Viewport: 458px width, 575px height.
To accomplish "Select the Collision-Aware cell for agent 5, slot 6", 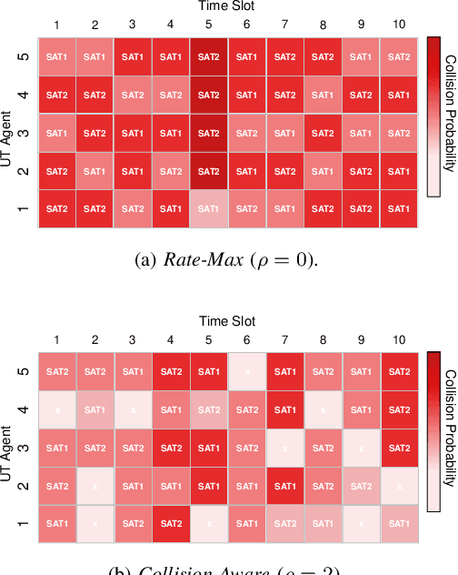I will tap(246, 371).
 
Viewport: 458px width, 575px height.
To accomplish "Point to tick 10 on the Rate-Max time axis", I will tap(398, 23).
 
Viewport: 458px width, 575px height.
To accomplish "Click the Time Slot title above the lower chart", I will tap(227, 320).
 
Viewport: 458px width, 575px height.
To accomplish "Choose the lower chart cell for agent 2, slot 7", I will tap(284, 487).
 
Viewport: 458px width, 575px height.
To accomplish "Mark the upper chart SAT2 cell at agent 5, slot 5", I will tap(208, 55).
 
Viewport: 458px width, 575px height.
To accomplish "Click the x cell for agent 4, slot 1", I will tap(56, 409).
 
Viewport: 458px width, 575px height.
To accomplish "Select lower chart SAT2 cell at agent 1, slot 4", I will tap(170, 525).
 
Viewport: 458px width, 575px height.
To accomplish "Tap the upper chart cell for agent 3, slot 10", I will tap(398, 132).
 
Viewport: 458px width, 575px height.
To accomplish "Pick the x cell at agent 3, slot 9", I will tap(360, 449).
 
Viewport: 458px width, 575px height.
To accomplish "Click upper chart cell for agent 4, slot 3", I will tap(132, 94).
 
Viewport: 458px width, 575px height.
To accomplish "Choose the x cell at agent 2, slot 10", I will tap(398, 487).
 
